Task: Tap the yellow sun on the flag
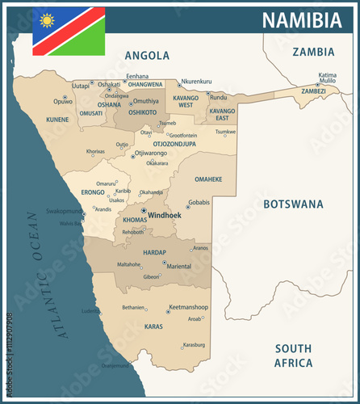click(x=47, y=20)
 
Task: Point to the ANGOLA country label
click(x=147, y=56)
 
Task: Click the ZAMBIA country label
click(x=313, y=52)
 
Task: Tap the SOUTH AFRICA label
click(x=293, y=356)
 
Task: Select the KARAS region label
click(x=153, y=327)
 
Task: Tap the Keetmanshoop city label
click(x=189, y=307)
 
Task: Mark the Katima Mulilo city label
click(x=327, y=78)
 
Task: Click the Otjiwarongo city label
click(x=151, y=153)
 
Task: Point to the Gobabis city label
click(x=199, y=202)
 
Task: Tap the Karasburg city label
click(x=194, y=345)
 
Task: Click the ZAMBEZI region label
click(x=313, y=91)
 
